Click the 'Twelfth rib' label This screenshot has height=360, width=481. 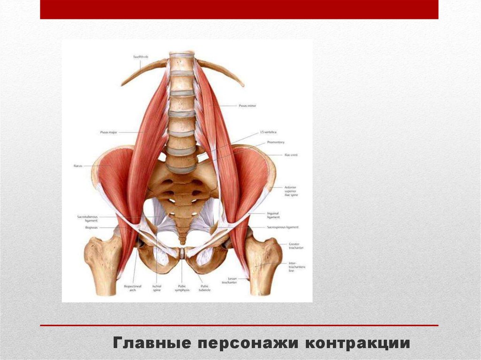[140, 57]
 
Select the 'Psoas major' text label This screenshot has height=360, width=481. [109, 133]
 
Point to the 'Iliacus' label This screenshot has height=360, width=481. [78, 166]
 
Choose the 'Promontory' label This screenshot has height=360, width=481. [276, 142]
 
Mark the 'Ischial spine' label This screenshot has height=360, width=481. [157, 288]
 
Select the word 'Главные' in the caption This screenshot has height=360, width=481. [152, 343]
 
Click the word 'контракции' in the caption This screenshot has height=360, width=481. [358, 343]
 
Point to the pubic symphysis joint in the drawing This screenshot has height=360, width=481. [182, 254]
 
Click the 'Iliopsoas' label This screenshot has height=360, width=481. [91, 228]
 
